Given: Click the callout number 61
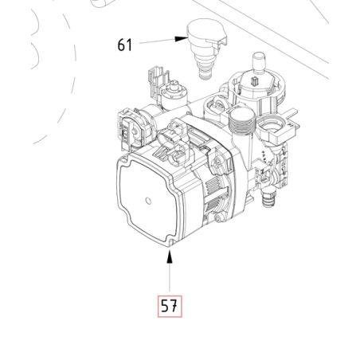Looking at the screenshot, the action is coord(125,45).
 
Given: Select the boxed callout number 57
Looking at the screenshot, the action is coord(170,306).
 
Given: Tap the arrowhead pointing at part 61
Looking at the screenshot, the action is coord(182,39).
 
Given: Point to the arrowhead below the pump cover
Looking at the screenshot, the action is coord(170,257).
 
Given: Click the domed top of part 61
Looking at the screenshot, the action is coord(205,26).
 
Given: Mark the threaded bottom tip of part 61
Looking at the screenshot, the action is coord(205,74).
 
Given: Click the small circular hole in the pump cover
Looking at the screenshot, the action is coord(148,201).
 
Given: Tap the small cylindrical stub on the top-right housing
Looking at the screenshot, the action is coord(259,61).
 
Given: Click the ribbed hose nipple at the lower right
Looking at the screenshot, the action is coord(268,200).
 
